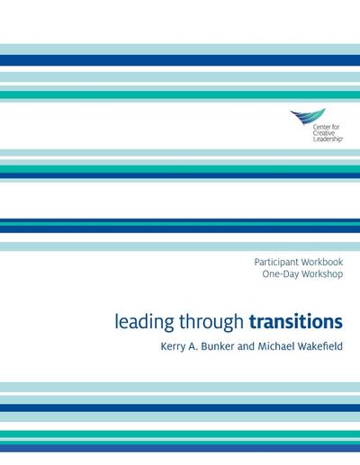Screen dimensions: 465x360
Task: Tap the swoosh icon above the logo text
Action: pyautogui.click(x=307, y=116)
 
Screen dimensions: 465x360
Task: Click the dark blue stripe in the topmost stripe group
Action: pyautogui.click(x=180, y=60)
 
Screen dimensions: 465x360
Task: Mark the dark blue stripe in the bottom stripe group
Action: pyautogui.click(x=180, y=407)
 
